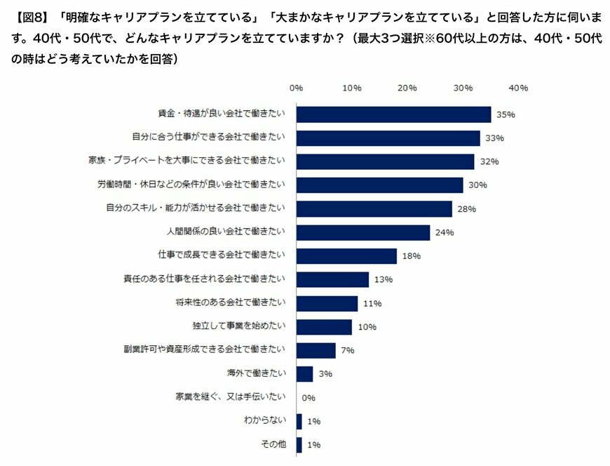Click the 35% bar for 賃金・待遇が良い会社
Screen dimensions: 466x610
[393, 114]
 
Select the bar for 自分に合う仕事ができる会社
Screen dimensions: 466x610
[388, 138]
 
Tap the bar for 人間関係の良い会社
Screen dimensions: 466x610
[363, 232]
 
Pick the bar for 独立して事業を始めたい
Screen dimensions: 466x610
[324, 327]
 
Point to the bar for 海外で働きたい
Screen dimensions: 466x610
[304, 374]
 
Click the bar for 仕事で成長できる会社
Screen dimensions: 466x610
[346, 256]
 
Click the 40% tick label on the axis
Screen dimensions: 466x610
[518, 88]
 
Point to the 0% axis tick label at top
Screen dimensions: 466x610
[296, 88]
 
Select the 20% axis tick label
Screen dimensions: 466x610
[407, 88]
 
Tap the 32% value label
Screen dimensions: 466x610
[489, 161]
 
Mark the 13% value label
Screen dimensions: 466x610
[383, 279]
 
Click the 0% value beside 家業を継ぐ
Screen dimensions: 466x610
[309, 398]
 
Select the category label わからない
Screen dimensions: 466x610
[264, 421]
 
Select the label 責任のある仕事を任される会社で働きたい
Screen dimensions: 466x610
[204, 279]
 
